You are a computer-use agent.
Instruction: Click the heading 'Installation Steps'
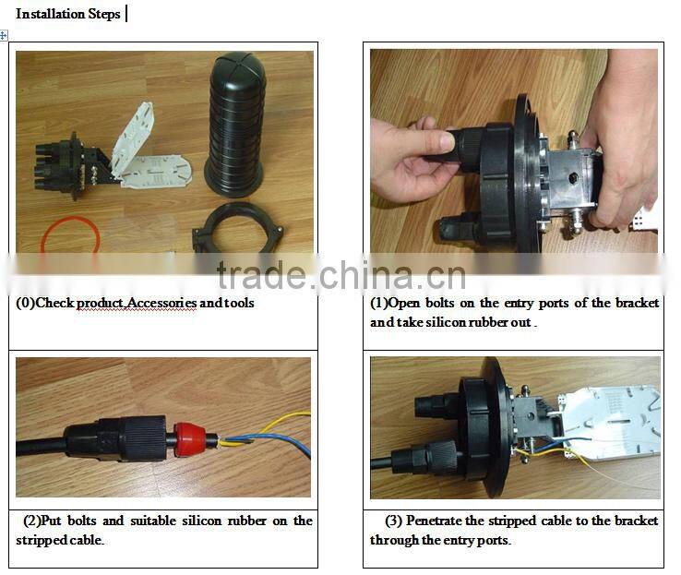pos(67,15)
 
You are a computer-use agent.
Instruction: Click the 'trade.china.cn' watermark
pos(340,275)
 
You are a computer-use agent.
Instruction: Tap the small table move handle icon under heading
pos(4,35)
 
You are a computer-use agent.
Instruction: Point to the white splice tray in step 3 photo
pos(614,420)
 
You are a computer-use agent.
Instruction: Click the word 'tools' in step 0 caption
pos(238,303)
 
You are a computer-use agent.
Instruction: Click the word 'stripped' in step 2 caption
pos(40,540)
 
